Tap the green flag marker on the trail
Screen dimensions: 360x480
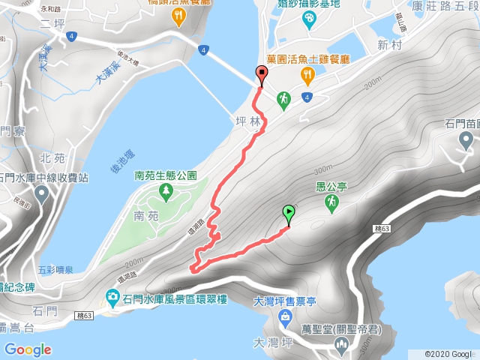(x=289, y=214)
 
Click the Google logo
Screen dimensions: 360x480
(x=28, y=349)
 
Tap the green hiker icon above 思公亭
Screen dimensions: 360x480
(x=330, y=202)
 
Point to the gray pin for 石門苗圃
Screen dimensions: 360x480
(x=466, y=139)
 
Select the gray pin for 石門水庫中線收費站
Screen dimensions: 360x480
(x=42, y=195)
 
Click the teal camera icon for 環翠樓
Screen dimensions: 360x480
(x=112, y=297)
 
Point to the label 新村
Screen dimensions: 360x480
(x=391, y=45)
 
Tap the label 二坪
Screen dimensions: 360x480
(x=53, y=23)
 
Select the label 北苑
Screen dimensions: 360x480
(x=52, y=158)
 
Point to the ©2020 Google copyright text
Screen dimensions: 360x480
(x=448, y=354)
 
